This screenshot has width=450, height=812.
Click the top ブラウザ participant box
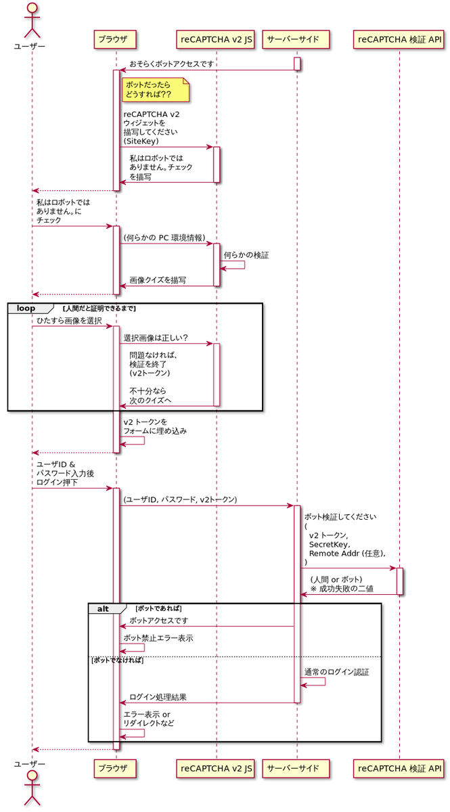[x=116, y=40]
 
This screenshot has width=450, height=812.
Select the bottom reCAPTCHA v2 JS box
[x=217, y=768]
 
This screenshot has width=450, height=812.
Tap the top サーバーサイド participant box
[x=296, y=40]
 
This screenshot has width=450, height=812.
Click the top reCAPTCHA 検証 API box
[x=399, y=40]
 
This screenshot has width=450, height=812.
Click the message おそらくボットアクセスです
[x=172, y=64]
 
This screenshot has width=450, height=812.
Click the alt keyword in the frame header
[x=103, y=608]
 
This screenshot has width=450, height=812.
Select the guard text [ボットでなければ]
[x=117, y=660]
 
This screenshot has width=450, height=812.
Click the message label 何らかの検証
[x=246, y=256]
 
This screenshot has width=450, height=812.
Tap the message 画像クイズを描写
[x=158, y=280]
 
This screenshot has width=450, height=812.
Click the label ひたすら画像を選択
[x=69, y=321]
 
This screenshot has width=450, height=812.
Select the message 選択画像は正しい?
[x=156, y=338]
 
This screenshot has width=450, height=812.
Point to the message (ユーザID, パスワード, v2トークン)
[x=180, y=499]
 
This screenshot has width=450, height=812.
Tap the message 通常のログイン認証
[x=337, y=672]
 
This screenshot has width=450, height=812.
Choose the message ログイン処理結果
[x=158, y=697]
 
